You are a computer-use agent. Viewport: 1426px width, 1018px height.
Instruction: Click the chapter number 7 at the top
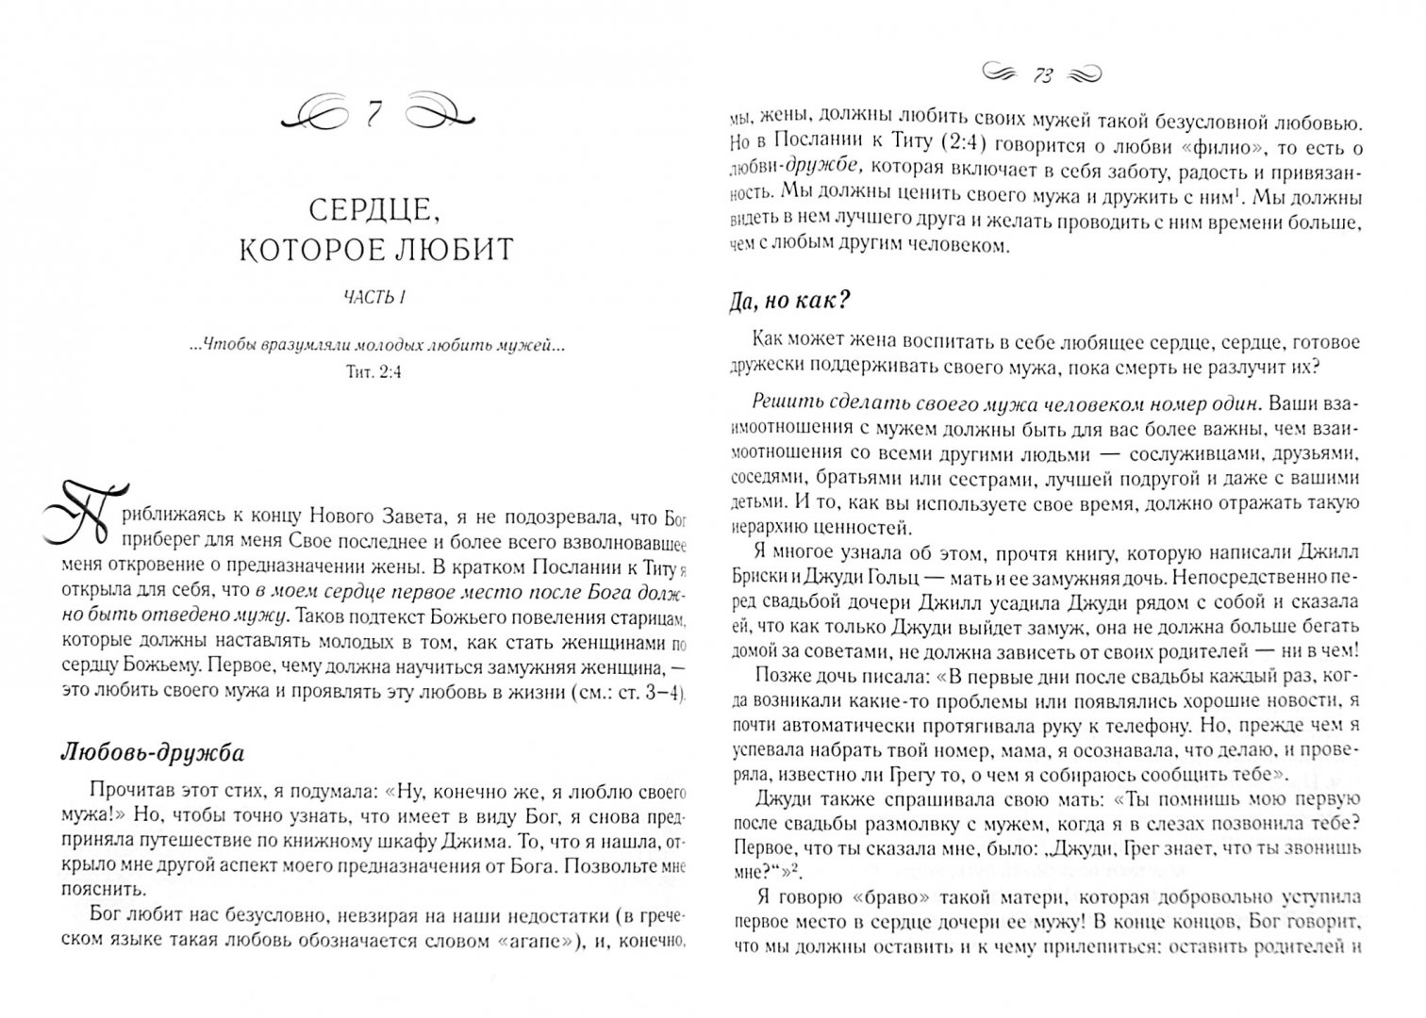pos(373,114)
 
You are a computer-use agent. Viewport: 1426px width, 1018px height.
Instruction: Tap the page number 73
pos(1043,75)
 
